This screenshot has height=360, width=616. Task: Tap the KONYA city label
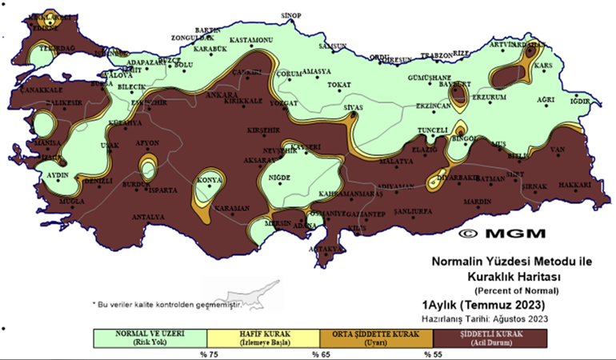click(210, 180)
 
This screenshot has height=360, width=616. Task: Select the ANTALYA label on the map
click(148, 217)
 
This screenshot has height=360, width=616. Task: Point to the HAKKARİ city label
click(574, 186)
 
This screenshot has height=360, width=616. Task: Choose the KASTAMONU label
click(252, 40)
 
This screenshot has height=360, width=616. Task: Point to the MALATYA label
click(394, 162)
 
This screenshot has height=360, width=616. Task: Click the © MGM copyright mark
click(502, 234)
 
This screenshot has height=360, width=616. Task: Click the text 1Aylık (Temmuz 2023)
click(484, 306)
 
